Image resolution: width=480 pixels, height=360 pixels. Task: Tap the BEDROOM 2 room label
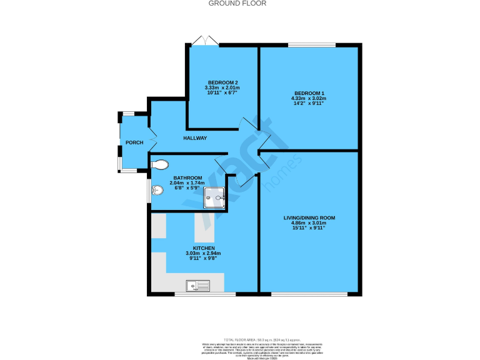click(222, 83)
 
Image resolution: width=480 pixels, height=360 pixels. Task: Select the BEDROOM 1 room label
click(309, 94)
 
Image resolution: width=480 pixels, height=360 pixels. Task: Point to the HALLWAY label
click(195, 138)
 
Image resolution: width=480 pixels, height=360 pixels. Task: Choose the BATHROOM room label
click(171, 177)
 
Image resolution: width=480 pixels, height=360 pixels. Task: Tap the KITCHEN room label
click(204, 248)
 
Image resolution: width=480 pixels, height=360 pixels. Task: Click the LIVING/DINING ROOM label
click(309, 217)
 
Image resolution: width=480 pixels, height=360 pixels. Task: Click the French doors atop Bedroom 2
click(205, 41)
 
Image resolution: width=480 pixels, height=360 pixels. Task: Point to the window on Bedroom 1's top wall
click(311, 44)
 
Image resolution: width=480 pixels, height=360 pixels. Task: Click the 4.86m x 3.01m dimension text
click(309, 222)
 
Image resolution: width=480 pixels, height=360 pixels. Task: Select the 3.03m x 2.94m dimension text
click(204, 253)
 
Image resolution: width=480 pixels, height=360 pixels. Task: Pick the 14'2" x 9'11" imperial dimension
click(309, 104)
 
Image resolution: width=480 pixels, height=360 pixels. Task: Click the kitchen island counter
click(204, 227)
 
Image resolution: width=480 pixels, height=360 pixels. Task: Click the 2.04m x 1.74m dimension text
click(171, 182)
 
